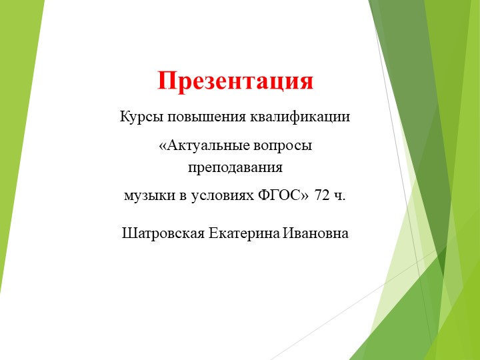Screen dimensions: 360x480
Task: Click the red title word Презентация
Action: tap(235, 81)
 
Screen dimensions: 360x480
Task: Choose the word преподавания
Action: tap(235, 167)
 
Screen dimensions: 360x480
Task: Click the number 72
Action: tap(323, 195)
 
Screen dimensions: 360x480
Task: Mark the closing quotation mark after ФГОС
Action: tap(305, 195)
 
